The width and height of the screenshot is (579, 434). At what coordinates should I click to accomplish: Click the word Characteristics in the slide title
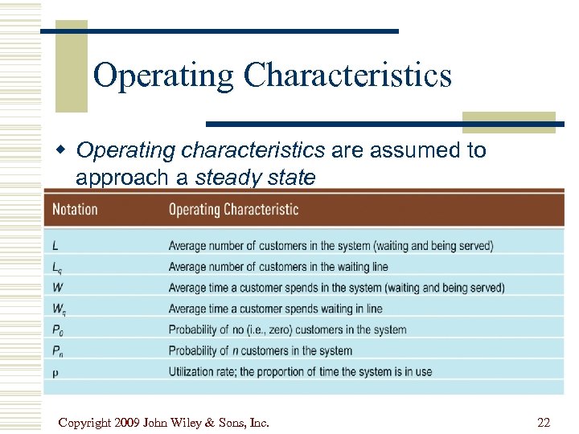(x=347, y=76)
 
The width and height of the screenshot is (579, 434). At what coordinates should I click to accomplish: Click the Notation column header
(x=75, y=210)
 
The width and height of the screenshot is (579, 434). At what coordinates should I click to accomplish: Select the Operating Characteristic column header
(x=233, y=210)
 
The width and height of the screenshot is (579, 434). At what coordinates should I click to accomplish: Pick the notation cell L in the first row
(x=55, y=246)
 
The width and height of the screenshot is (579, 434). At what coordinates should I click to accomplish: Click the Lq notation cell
(x=56, y=267)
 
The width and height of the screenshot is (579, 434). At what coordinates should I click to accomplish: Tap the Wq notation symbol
(x=58, y=309)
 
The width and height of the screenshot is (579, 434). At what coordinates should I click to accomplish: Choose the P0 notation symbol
(x=57, y=330)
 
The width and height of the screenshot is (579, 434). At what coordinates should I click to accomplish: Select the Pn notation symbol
(x=57, y=350)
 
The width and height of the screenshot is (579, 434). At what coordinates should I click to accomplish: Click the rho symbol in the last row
(x=55, y=372)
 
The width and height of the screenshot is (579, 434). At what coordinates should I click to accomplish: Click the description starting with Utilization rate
(x=300, y=371)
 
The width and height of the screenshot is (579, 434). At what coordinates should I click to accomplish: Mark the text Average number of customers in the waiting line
(x=277, y=267)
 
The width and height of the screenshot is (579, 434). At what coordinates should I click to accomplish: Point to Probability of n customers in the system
(x=260, y=350)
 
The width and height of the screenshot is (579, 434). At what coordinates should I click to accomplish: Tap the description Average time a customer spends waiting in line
(x=275, y=309)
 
